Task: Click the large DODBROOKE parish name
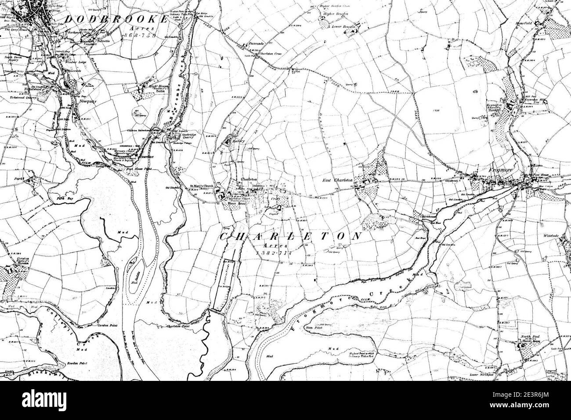pyautogui.click(x=116, y=19)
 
